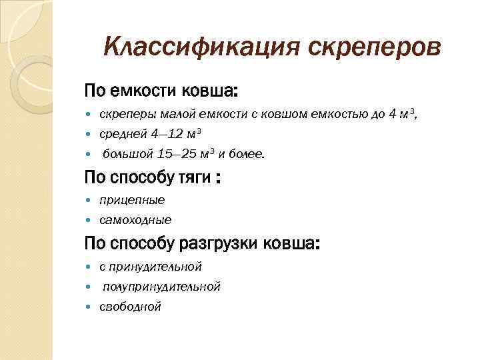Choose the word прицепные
(132, 199)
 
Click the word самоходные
(135, 219)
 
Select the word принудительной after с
(155, 267)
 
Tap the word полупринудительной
(161, 287)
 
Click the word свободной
(130, 307)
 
